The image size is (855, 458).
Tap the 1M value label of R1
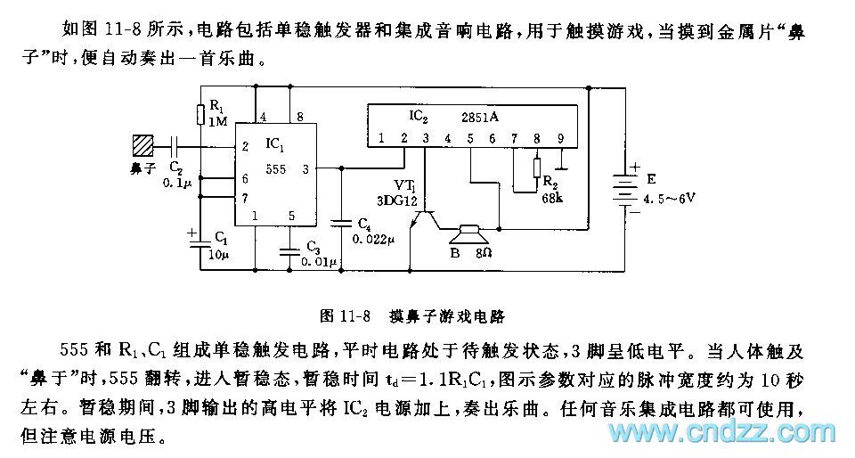[218, 120]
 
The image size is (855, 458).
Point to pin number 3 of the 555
[305, 167]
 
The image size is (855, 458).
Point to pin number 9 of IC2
[560, 138]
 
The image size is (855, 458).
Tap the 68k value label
[552, 198]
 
